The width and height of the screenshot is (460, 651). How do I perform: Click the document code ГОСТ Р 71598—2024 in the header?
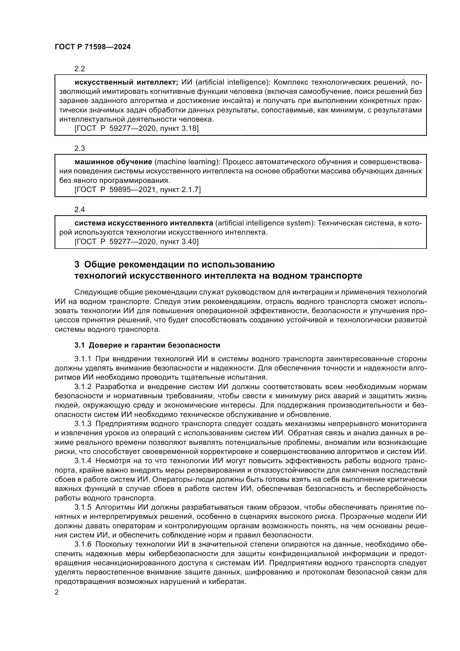93,47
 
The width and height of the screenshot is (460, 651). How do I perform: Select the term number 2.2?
80,69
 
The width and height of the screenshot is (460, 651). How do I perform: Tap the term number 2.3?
80,148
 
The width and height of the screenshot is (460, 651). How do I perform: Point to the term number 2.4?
80,210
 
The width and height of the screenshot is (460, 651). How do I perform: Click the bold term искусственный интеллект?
126,82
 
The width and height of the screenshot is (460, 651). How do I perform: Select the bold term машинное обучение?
113,162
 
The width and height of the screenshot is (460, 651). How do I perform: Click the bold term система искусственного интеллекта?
144,223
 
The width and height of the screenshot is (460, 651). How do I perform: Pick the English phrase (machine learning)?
187,162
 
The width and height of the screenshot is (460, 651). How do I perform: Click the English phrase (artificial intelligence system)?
265,223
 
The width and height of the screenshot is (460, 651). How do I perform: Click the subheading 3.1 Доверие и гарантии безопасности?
147,345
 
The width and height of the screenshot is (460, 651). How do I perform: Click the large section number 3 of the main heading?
77,264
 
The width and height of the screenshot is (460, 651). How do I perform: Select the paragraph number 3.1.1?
83,359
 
